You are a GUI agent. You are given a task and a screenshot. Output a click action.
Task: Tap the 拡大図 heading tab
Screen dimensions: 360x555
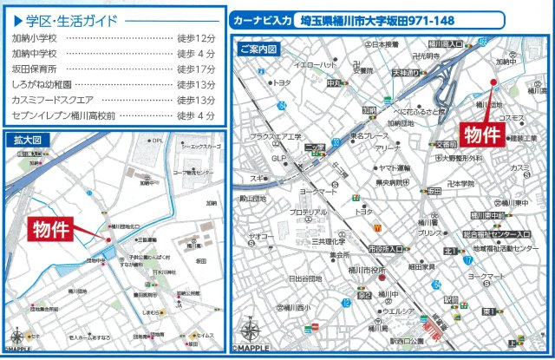pos(27,139)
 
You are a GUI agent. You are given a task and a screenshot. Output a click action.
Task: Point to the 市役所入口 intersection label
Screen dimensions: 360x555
pos(386,249)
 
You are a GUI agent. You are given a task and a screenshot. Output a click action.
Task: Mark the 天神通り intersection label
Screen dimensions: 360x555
pos(405,74)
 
